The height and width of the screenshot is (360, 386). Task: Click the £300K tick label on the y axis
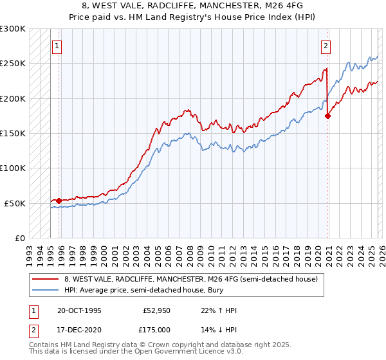click(13, 29)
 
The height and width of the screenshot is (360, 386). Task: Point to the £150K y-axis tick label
click(13, 134)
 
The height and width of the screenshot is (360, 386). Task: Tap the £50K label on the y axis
click(15, 203)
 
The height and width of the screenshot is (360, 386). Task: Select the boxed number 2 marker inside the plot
click(326, 46)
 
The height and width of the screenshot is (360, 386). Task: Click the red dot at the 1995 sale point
click(59, 201)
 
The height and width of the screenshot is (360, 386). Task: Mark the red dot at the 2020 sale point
click(327, 116)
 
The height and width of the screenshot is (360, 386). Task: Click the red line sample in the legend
click(45, 279)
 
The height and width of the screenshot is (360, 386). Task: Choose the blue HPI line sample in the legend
click(45, 291)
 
